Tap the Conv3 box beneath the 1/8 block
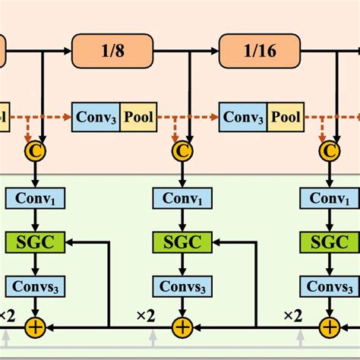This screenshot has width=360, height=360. [96, 118]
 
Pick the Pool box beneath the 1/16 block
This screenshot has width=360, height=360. [287, 118]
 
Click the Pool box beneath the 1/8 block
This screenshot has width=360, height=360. [139, 118]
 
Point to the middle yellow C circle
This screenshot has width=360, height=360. [182, 151]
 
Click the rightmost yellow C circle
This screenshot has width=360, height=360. [328, 151]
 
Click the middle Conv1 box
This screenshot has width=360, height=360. [182, 198]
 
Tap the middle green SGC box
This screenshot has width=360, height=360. [182, 242]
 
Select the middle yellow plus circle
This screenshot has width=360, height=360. [182, 327]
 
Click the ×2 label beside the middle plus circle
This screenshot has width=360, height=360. [146, 314]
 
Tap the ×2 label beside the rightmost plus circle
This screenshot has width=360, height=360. [293, 314]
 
